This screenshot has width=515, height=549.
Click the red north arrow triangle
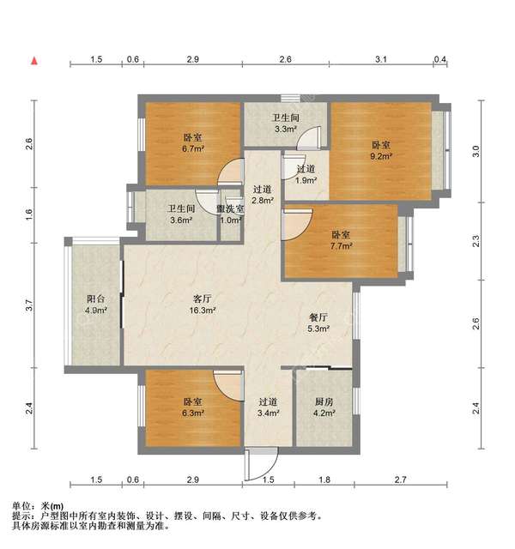tap(33, 61)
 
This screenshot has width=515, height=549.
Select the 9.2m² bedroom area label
tap(381, 157)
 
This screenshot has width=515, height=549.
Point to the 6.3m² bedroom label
tap(192, 413)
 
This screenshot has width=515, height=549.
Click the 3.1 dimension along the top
tap(381, 60)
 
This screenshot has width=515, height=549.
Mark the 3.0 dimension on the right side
tap(477, 151)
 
